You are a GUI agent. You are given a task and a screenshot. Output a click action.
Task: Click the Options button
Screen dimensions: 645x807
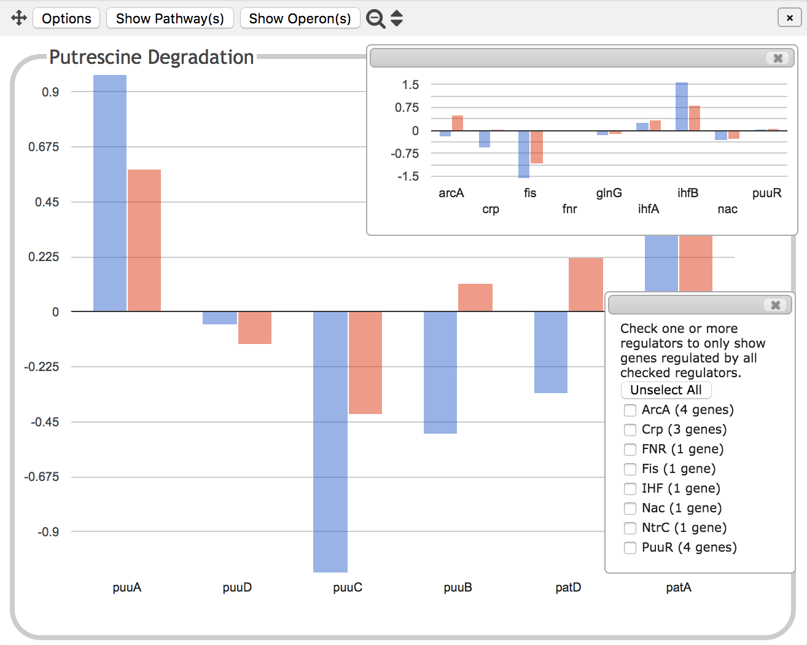(x=66, y=18)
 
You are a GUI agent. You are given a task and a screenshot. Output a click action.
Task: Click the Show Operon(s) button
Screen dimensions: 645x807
(x=300, y=18)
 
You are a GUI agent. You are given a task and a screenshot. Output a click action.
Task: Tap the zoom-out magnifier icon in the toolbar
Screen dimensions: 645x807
(x=375, y=18)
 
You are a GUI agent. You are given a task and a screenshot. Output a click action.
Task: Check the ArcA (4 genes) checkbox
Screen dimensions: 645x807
(x=630, y=410)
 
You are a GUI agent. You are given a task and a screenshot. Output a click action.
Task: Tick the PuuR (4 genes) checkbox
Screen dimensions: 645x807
(x=630, y=548)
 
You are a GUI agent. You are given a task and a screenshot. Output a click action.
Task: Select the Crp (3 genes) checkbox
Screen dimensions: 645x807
(x=630, y=430)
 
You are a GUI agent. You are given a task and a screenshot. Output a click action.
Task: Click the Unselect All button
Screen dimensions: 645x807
(x=666, y=390)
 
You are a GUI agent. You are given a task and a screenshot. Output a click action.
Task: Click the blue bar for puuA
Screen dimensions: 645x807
(x=110, y=193)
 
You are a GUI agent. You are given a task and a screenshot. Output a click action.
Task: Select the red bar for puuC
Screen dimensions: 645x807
(x=365, y=362)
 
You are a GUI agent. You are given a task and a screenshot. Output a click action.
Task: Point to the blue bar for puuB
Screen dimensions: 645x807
(x=440, y=372)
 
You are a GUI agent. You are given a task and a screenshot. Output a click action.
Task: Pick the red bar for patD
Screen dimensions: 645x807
(x=586, y=284)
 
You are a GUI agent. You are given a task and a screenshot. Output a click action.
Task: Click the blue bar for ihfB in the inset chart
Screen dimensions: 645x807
(x=682, y=106)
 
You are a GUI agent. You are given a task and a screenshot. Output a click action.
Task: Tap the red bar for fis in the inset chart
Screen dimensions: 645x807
(x=537, y=147)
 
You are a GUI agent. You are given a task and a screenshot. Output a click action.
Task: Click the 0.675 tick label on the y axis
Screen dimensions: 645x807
(x=44, y=147)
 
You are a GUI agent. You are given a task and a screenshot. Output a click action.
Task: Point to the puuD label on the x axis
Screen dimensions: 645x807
(x=237, y=587)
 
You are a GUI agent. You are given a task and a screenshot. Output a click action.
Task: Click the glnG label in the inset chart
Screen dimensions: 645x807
(x=609, y=193)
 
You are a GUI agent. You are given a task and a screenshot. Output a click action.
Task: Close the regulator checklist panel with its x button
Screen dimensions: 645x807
(x=776, y=305)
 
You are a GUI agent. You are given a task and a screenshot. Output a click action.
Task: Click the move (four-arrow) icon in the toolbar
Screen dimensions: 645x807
(x=19, y=18)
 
